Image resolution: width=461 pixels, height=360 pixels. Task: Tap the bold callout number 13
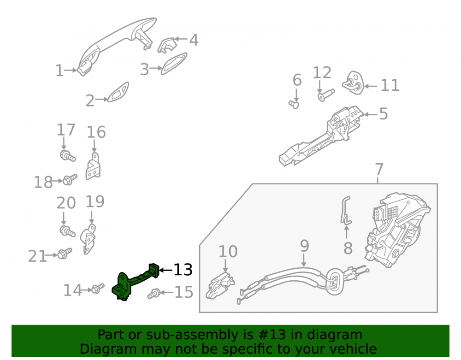tap(183, 270)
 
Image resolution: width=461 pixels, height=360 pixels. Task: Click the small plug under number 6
tap(294, 104)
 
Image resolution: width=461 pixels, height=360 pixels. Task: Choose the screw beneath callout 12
tap(326, 95)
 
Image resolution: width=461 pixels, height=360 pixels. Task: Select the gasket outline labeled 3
tap(174, 64)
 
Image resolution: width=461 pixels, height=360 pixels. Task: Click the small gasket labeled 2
tap(118, 92)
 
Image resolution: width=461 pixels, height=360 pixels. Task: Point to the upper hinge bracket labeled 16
tap(94, 166)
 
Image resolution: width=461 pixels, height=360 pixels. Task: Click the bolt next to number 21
tap(65, 254)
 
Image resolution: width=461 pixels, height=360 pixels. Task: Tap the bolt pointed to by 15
tap(154, 293)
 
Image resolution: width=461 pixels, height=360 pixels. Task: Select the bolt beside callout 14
tap(98, 288)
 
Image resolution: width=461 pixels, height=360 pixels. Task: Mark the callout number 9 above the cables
tap(305, 246)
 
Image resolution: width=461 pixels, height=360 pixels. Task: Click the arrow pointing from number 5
tap(371, 114)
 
